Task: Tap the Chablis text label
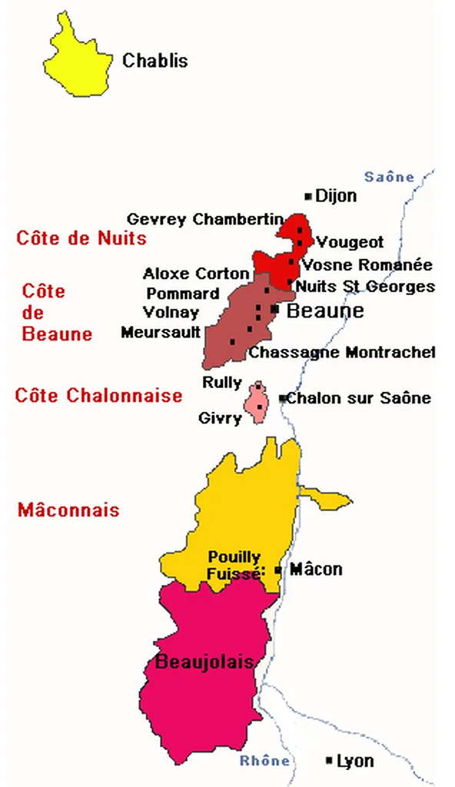tap(155, 61)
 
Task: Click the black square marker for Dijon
tap(308, 197)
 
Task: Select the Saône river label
tap(389, 178)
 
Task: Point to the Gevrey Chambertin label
tap(205, 220)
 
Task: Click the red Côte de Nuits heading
tap(81, 238)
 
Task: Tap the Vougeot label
tap(350, 242)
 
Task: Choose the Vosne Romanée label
tap(367, 265)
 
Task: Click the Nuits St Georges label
tap(366, 287)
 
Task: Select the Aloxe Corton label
tap(196, 274)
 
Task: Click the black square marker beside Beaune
tap(274, 309)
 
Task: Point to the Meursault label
tap(161, 332)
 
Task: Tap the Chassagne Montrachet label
tap(342, 353)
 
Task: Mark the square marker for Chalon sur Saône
tap(282, 398)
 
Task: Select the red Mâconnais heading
tap(68, 510)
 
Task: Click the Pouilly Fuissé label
tap(234, 565)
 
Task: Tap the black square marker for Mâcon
tap(277, 570)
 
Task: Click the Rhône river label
tap(265, 762)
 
